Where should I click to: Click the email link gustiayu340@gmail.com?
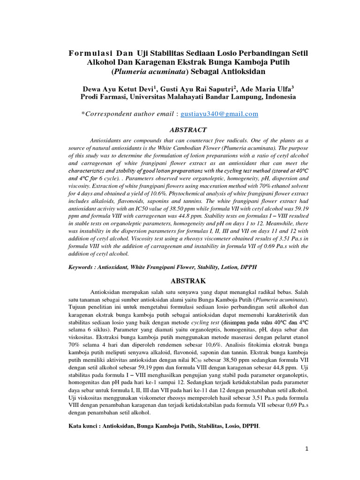pos(219,114)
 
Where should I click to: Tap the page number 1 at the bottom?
pos(307,449)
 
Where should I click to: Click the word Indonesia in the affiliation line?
pos(280,97)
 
